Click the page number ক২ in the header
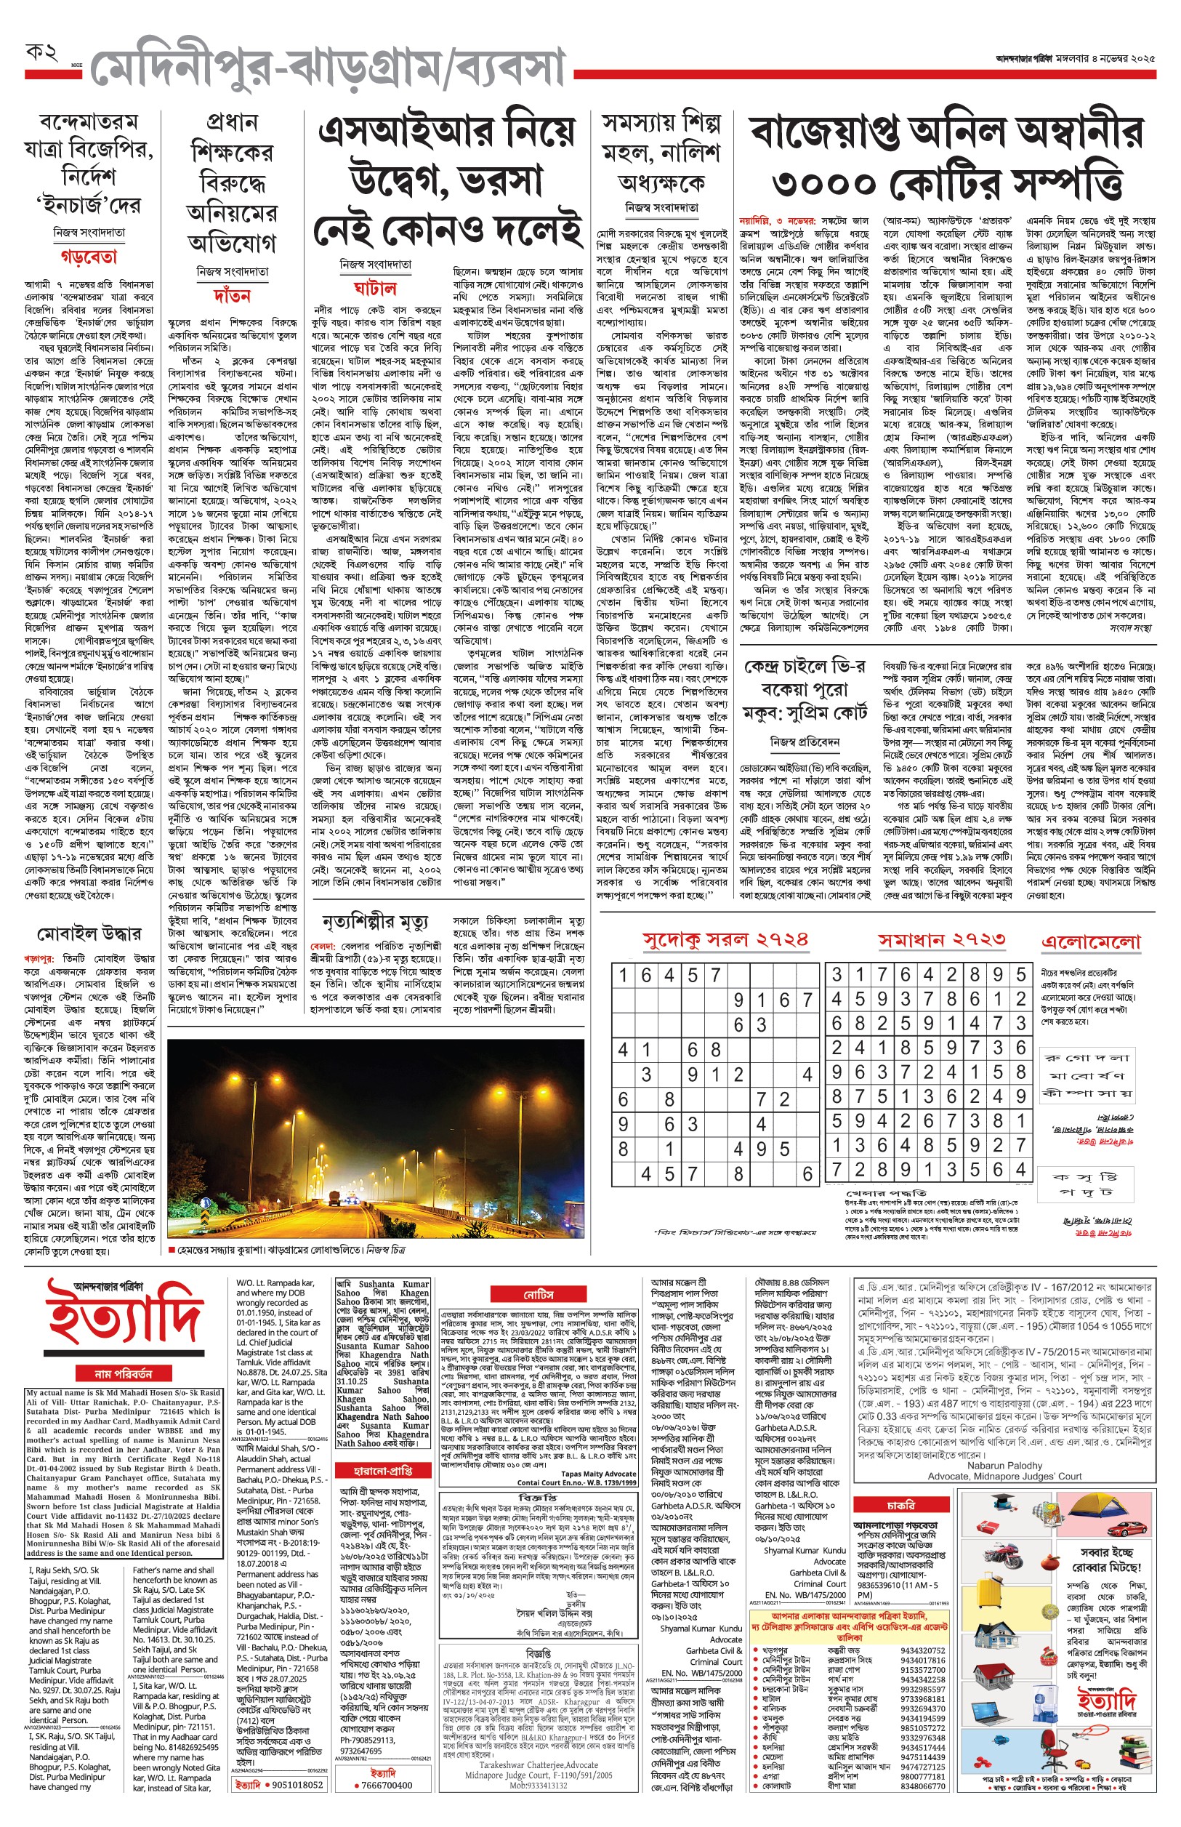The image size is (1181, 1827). [x=42, y=53]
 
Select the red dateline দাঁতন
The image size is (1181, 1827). [x=233, y=295]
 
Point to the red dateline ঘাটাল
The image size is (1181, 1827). [x=375, y=289]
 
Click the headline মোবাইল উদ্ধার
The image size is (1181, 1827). [x=89, y=933]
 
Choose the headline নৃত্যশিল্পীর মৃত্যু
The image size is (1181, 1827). [x=375, y=921]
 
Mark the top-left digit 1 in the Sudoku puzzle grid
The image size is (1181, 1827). [x=624, y=976]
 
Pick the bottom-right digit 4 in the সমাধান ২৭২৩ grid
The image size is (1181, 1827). [x=1020, y=1171]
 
